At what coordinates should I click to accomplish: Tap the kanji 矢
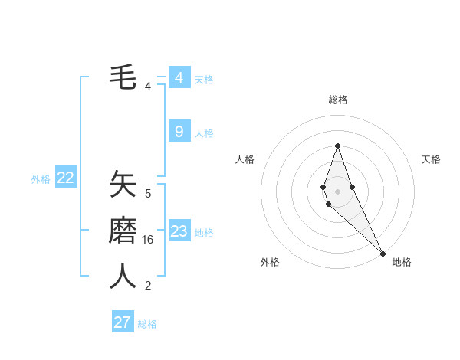pos(123,185)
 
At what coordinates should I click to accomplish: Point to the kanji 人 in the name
pos(123,277)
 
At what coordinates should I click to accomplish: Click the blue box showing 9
pos(179,132)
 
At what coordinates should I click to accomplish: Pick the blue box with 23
pos(179,231)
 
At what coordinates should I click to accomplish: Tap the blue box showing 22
pos(65,178)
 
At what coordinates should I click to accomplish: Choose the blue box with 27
pos(122,322)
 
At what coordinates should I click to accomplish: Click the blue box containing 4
pos(179,78)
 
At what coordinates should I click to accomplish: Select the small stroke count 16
pos(148,240)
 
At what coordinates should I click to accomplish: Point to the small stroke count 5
pos(148,194)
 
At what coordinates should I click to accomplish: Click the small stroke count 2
pos(148,286)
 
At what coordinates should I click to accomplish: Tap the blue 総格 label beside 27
pos(147,324)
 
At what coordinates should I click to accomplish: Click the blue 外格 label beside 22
pos(41,179)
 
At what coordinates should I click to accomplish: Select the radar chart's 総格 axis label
pos(337,100)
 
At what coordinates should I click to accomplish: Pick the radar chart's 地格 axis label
pos(402,262)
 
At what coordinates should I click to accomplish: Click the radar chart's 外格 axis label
pos(270,262)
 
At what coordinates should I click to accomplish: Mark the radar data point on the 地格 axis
pos(383,253)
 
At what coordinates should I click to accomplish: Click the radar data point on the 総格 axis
pos(337,146)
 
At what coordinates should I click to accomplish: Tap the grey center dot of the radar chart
pos(337,191)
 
